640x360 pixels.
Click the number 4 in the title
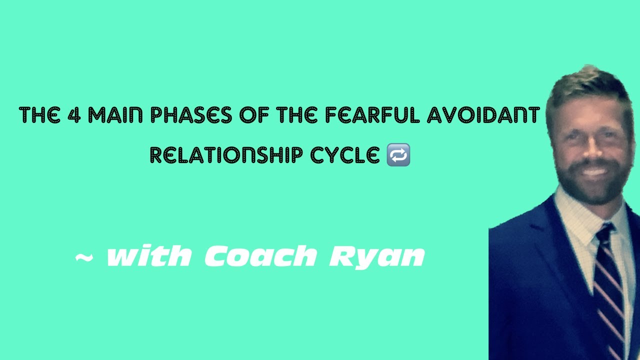click(x=76, y=115)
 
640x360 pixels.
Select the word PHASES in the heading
click(x=191, y=115)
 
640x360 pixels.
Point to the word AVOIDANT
click(x=483, y=115)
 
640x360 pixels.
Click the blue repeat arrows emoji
click(x=398, y=155)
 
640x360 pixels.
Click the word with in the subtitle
click(x=148, y=256)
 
